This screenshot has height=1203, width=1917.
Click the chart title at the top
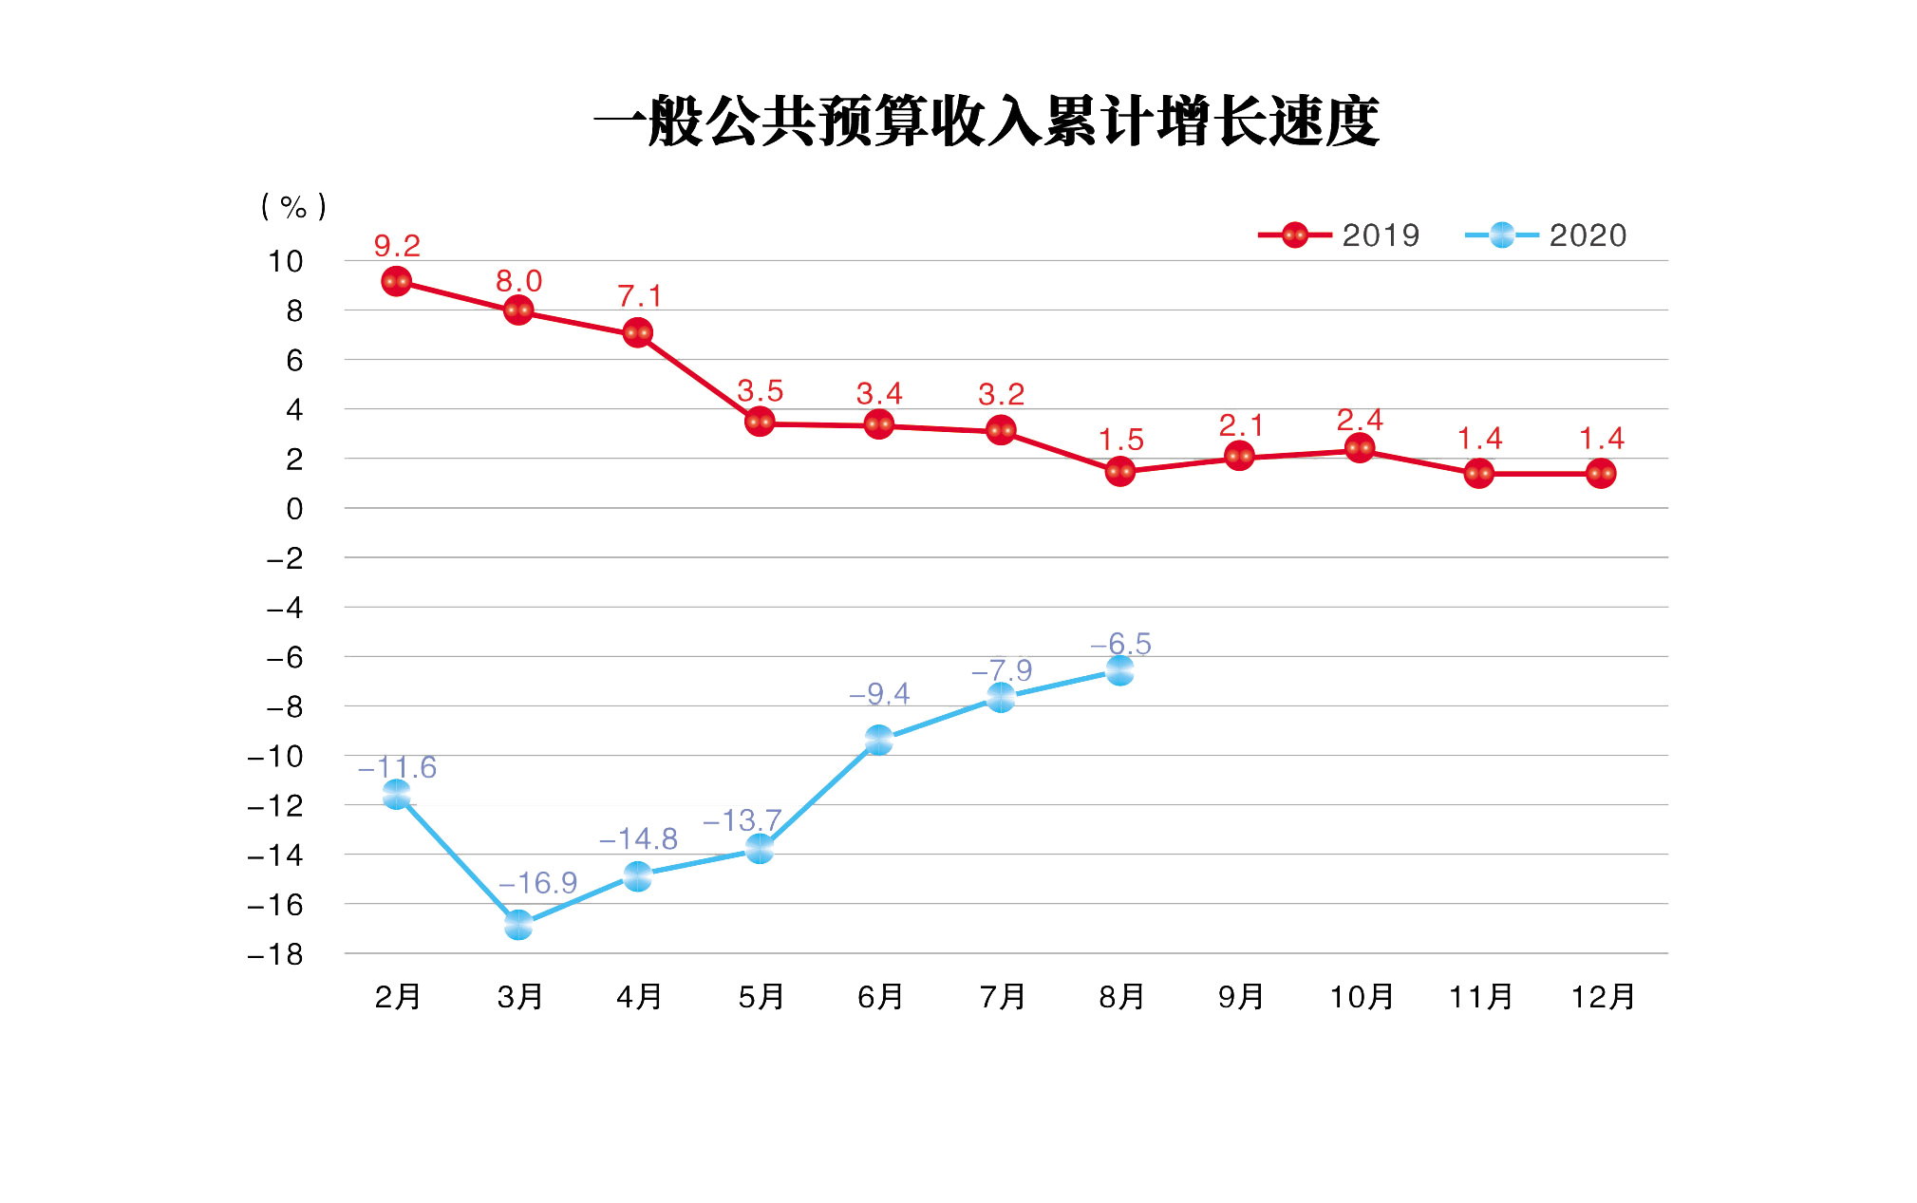[986, 122]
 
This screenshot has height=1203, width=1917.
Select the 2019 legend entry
[1339, 235]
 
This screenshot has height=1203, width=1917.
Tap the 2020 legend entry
[1546, 235]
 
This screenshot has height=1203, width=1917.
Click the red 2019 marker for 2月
[396, 281]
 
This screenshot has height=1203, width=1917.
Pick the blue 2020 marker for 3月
[518, 924]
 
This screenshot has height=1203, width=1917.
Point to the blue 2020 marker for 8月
[1120, 670]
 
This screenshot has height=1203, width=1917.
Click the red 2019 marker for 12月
[1601, 473]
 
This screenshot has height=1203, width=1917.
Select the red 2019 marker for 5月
[760, 422]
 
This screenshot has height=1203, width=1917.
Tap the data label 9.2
[397, 246]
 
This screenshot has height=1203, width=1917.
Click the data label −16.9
[537, 883]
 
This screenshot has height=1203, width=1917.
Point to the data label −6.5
[1120, 644]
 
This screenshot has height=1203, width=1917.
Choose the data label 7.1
[639, 296]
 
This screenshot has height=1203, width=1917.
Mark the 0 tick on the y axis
[294, 509]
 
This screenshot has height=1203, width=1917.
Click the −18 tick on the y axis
[275, 954]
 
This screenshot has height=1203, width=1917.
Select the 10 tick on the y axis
[285, 261]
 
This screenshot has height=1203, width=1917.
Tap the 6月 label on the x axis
[880, 997]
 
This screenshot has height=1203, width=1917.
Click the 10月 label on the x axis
[1362, 997]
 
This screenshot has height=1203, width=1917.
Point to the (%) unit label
[293, 206]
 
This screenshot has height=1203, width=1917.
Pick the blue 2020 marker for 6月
[879, 740]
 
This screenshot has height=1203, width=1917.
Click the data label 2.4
[1360, 420]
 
